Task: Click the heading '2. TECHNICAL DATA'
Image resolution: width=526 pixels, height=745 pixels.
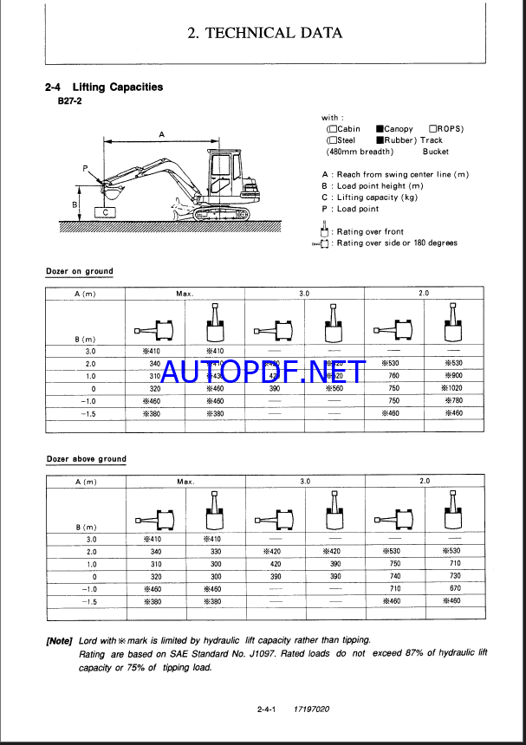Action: tap(264, 34)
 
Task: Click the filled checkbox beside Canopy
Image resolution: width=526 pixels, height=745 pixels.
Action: tap(380, 129)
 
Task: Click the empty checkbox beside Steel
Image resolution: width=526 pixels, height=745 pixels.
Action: tap(331, 140)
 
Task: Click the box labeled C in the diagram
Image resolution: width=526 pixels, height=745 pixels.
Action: tap(105, 211)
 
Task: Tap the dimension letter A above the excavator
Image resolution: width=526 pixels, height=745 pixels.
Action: tap(161, 133)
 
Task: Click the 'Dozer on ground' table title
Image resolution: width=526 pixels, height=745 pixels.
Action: tap(79, 271)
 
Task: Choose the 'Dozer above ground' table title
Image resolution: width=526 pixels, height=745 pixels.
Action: tap(86, 459)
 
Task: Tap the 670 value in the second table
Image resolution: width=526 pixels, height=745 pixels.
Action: tap(451, 588)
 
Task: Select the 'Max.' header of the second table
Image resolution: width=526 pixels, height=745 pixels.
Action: tap(185, 482)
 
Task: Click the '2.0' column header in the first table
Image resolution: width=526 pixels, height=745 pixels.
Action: tap(424, 294)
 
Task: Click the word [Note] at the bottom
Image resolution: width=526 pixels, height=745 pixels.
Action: tap(60, 640)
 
